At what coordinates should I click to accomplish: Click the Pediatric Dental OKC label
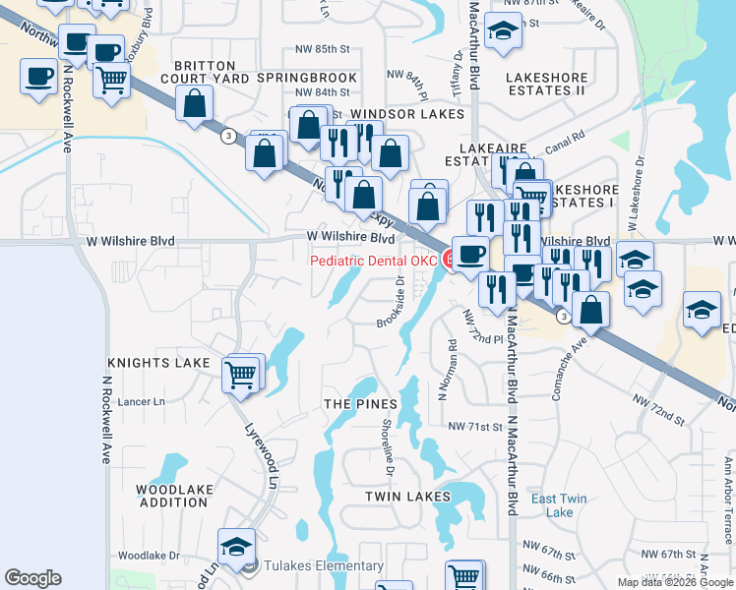373,261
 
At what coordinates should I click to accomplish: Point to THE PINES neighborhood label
360,404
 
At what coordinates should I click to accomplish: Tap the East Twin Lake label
559,505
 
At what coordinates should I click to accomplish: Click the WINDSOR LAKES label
406,114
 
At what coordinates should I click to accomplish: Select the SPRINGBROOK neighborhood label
307,77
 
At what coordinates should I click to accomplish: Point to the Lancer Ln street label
141,402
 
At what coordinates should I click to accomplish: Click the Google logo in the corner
32,578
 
